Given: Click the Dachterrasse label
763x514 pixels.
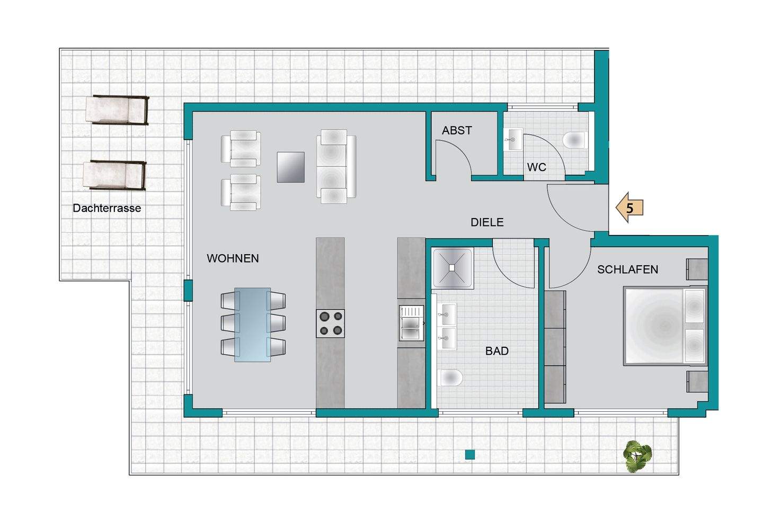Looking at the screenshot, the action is click(107, 208).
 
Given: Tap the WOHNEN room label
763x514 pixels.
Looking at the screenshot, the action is click(233, 258).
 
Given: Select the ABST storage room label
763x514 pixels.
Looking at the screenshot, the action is click(457, 130).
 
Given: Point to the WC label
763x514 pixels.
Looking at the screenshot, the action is click(536, 167).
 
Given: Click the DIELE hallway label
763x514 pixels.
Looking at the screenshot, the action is click(487, 222).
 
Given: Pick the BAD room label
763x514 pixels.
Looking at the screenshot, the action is click(497, 351).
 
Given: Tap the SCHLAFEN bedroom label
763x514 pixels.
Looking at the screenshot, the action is click(627, 269).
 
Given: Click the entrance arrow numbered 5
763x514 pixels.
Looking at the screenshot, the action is click(629, 208).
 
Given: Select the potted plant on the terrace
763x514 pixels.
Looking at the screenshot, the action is click(637, 456).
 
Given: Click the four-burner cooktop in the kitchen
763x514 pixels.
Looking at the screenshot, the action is click(330, 323).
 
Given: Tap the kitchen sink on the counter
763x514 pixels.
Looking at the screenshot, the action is click(412, 323).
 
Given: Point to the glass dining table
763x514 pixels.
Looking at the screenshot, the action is click(252, 324).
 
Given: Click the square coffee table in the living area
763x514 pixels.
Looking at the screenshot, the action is click(290, 167).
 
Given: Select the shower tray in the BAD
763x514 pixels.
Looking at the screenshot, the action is click(453, 268).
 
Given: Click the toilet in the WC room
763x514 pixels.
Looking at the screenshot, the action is click(574, 140).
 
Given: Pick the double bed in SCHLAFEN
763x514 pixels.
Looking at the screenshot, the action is click(665, 326).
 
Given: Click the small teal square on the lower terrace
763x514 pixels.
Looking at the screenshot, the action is click(470, 454).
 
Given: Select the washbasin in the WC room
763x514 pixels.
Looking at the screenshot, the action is click(513, 139).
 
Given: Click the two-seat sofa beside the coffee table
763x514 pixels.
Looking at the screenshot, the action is click(336, 166).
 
